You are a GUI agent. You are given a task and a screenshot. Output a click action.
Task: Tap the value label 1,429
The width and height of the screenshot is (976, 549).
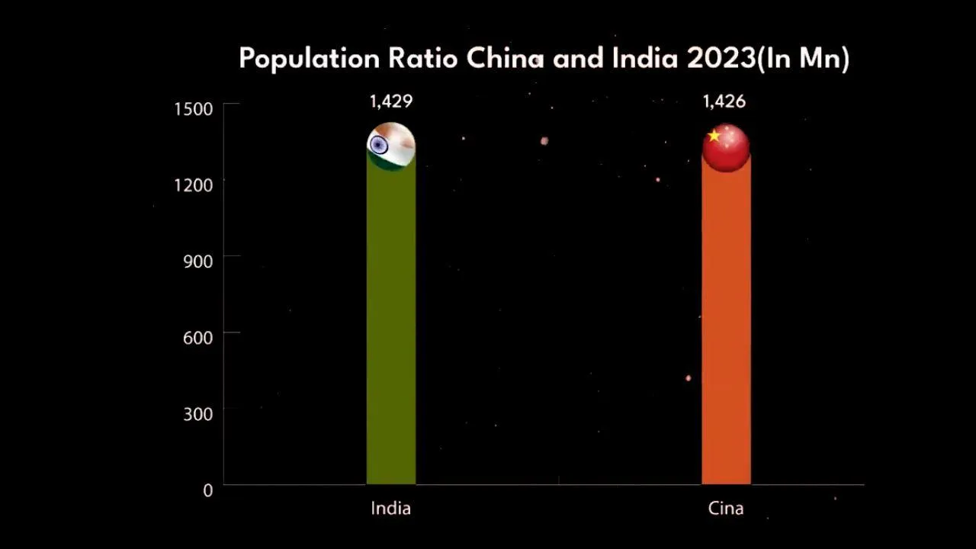click(x=391, y=101)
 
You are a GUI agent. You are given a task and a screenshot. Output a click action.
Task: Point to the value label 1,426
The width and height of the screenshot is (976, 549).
click(x=724, y=101)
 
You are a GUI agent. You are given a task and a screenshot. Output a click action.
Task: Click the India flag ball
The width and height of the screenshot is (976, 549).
click(x=391, y=146)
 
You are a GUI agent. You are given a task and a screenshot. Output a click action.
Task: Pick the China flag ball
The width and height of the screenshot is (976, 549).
click(x=726, y=147)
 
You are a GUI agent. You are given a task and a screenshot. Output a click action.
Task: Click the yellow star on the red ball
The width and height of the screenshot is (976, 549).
click(x=714, y=136)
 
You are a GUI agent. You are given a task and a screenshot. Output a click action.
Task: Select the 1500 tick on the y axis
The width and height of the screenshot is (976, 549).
click(x=193, y=109)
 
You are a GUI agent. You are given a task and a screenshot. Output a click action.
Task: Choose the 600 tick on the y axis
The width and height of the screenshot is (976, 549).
click(x=197, y=336)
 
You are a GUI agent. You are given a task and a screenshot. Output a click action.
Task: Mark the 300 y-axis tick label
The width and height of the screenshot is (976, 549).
click(x=197, y=414)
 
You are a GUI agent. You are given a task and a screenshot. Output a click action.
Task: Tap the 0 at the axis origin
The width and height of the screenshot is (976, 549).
click(x=207, y=491)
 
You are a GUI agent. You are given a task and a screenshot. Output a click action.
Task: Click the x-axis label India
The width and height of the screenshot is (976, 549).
click(x=390, y=508)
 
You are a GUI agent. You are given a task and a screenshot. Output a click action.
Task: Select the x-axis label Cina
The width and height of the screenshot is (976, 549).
click(x=725, y=508)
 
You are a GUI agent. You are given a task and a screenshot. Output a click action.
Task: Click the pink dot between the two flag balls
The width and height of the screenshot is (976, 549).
click(x=544, y=141)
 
